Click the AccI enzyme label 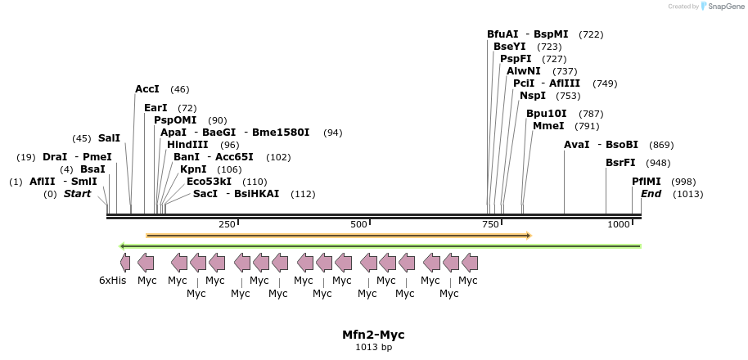(147, 89)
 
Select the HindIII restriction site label (187, 145)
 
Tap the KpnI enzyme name (193, 169)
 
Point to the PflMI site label (646, 182)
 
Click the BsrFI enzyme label (620, 163)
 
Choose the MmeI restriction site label (548, 126)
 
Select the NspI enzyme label (532, 96)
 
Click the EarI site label (155, 108)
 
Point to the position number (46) (179, 89)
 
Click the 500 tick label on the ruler (358, 224)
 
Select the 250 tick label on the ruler (227, 224)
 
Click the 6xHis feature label (113, 281)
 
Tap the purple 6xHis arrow (124, 263)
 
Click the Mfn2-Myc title (373, 335)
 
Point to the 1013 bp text (373, 348)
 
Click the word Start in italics (78, 194)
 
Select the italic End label (651, 194)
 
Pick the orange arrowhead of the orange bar (529, 236)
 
